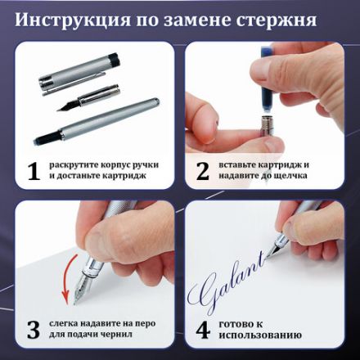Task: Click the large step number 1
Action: point(33,171)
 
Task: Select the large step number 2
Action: point(202,171)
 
